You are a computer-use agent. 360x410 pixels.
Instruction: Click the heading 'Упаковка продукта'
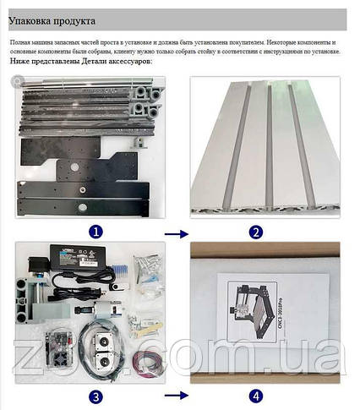tap(52, 19)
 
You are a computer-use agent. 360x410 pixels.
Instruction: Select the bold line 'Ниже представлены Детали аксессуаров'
tap(81, 63)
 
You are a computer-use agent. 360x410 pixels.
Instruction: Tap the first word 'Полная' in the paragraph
tap(21, 41)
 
